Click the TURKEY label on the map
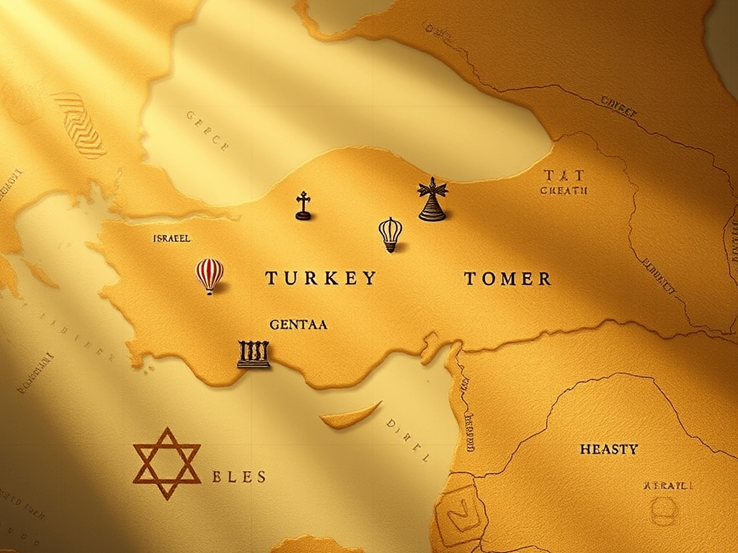click(321, 278)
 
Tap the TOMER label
click(507, 279)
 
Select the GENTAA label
click(298, 325)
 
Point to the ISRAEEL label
click(172, 238)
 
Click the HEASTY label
click(608, 449)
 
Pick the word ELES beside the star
click(239, 477)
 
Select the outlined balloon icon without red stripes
click(390, 233)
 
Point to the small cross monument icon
click(303, 206)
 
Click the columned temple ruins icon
click(253, 354)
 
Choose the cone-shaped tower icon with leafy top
click(432, 199)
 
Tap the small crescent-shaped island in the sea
click(350, 415)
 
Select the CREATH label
click(564, 191)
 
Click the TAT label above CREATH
click(564, 175)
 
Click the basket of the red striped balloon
click(210, 290)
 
